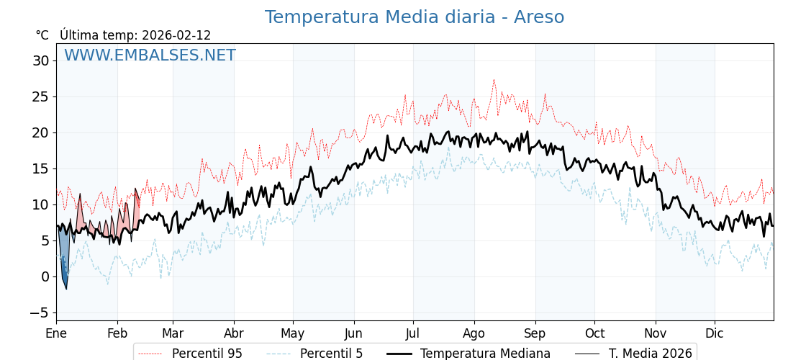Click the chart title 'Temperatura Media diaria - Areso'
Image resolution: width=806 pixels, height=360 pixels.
(414, 17)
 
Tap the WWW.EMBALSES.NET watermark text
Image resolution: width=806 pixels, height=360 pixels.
(150, 55)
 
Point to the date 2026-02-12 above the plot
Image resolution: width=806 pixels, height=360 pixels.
(176, 35)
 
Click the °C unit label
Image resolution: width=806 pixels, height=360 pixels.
(42, 35)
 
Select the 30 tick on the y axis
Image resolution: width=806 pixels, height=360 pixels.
(40, 60)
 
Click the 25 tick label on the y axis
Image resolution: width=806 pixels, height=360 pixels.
(40, 96)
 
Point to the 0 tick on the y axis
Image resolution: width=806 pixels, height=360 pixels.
(45, 276)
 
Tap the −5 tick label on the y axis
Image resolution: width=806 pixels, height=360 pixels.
(39, 312)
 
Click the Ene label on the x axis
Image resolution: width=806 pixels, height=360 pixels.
(56, 334)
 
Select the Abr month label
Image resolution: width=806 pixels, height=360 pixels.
(234, 334)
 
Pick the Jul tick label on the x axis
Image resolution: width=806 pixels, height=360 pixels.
(413, 334)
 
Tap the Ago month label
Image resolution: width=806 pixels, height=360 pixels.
(474, 334)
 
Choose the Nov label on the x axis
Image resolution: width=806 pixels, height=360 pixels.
(656, 334)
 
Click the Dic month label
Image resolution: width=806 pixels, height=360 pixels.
(715, 334)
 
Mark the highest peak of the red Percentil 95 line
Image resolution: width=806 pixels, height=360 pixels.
(494, 80)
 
